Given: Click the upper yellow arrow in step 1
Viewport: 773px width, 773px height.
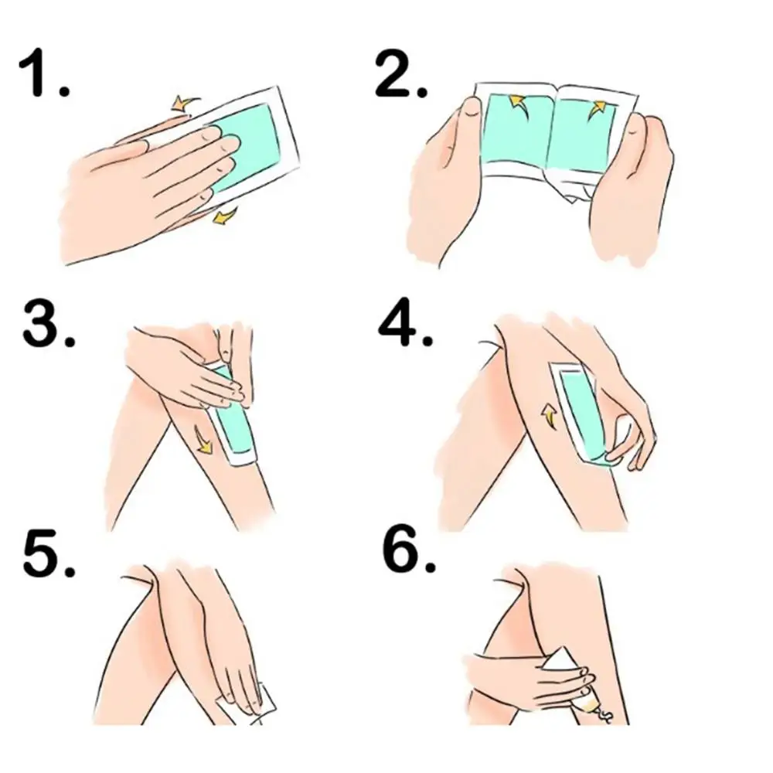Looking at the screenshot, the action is point(185,103).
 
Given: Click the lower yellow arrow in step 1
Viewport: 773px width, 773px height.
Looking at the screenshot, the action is point(225,215).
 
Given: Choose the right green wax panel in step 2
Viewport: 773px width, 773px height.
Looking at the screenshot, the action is point(583,135).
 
